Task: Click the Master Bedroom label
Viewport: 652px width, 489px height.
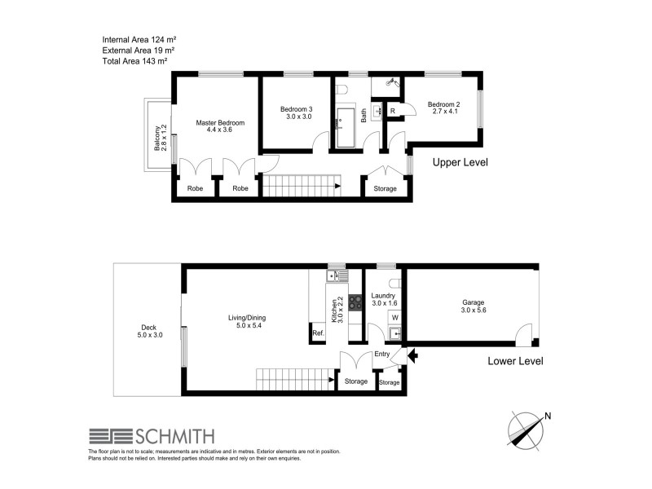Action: tap(220, 126)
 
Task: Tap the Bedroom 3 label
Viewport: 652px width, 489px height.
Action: tap(296, 112)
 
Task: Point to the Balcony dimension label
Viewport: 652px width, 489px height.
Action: tap(161, 137)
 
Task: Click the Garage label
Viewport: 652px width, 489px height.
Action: tap(473, 306)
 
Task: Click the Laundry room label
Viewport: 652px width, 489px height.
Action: tap(383, 300)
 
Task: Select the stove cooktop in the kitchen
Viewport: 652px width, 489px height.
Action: tap(355, 302)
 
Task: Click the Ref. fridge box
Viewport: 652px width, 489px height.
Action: tap(317, 333)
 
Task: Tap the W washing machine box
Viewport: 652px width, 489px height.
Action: tap(394, 317)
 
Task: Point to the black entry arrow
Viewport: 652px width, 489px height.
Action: tap(412, 355)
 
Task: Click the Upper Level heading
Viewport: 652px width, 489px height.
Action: tap(460, 162)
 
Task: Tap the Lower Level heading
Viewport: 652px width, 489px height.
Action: tap(515, 361)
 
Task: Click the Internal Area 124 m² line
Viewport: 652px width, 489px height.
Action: tap(139, 39)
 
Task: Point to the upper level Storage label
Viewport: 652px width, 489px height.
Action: tap(385, 189)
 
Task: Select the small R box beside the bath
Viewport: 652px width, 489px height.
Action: tap(392, 111)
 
